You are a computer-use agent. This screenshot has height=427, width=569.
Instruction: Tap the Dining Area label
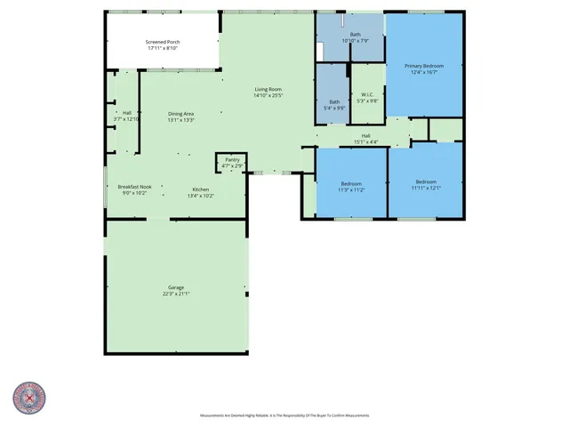click(x=181, y=114)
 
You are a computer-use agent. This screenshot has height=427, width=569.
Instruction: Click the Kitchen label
click(x=201, y=189)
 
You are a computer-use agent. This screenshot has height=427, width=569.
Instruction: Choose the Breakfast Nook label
click(x=134, y=187)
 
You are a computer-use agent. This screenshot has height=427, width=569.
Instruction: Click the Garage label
click(x=176, y=287)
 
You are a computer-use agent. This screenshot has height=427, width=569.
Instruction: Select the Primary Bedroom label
click(x=423, y=66)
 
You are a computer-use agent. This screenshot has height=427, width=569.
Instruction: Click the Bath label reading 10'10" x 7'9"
click(x=355, y=34)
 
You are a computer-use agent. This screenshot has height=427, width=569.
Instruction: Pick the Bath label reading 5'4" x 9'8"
click(x=334, y=101)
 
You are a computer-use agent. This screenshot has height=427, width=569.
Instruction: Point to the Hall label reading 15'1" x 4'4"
click(x=365, y=134)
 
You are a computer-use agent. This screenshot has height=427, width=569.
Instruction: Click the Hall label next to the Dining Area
click(x=127, y=113)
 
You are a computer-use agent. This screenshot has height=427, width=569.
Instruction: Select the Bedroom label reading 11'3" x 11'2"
click(x=351, y=184)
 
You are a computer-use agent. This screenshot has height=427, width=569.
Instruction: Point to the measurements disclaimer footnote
click(x=283, y=415)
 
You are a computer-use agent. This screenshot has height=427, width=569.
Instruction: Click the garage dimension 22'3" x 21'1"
click(x=176, y=293)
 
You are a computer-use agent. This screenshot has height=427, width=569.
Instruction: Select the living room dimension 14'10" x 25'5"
click(x=268, y=95)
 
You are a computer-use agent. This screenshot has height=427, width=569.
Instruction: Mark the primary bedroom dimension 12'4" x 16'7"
click(x=423, y=72)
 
